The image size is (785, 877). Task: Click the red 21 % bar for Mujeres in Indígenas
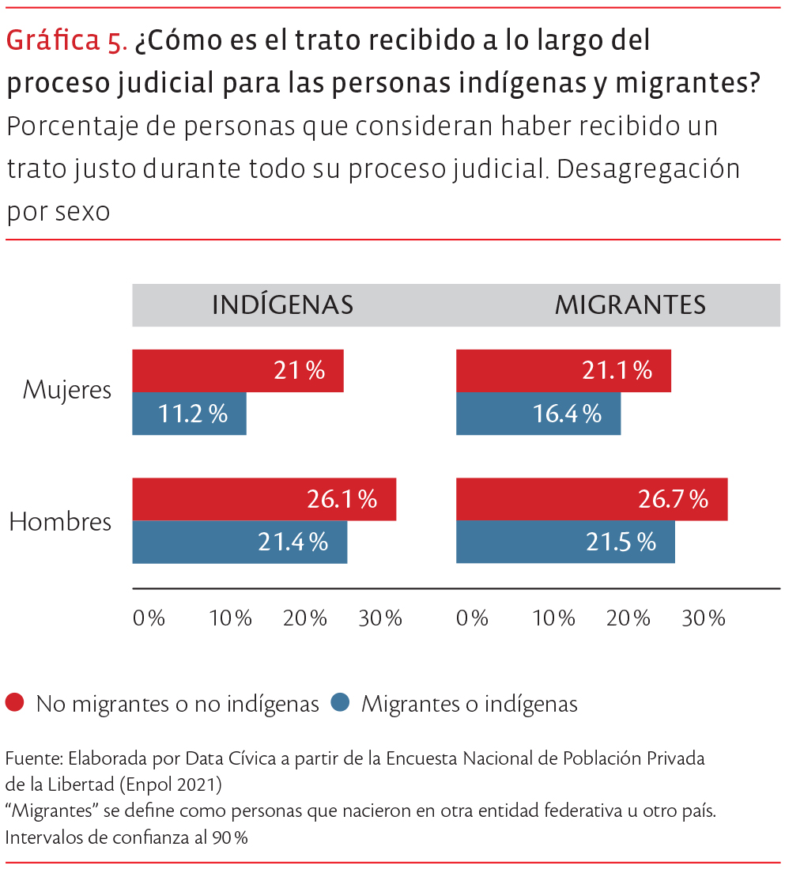[x=237, y=371]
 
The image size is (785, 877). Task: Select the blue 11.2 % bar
[x=189, y=414]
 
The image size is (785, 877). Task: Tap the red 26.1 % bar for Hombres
[x=264, y=499]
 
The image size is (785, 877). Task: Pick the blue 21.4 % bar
[x=240, y=542]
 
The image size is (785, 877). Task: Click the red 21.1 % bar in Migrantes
[x=563, y=371]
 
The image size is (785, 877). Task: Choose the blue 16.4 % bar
[x=538, y=414]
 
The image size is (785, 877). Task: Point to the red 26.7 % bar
[x=591, y=499]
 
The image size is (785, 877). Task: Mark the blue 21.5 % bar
[x=565, y=542]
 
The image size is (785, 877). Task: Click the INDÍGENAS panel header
[x=282, y=305]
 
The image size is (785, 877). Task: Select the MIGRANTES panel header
[x=630, y=305]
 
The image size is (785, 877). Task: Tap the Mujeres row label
[x=67, y=390]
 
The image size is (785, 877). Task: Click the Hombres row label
[x=60, y=522]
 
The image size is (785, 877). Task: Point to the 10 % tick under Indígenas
[x=230, y=618]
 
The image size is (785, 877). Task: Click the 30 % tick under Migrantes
[x=704, y=618]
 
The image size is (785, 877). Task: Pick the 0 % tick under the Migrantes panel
[x=473, y=618]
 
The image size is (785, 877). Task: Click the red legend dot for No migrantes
[x=15, y=702]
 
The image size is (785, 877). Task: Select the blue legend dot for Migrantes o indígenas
[x=340, y=702]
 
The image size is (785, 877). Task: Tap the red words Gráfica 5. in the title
[x=66, y=41]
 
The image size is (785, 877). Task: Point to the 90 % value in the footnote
[x=230, y=837]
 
